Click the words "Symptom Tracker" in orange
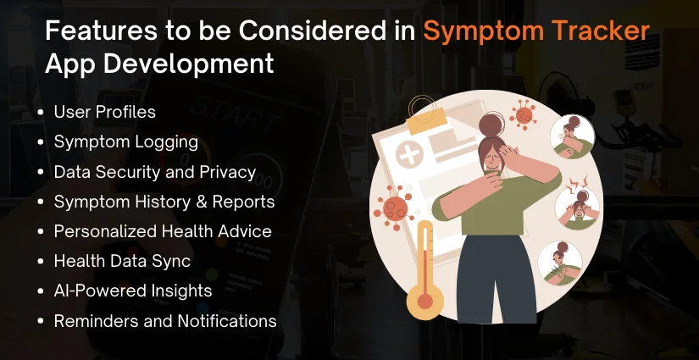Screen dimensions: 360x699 pyautogui.click(x=536, y=31)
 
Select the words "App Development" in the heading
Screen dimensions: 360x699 pyautogui.click(x=159, y=64)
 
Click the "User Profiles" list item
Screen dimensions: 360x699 pyautogui.click(x=104, y=112)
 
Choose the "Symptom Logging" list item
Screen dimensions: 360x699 pyautogui.click(x=125, y=141)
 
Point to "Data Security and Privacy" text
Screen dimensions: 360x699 pyautogui.click(x=154, y=171)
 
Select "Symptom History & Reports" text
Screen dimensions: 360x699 pyautogui.click(x=164, y=202)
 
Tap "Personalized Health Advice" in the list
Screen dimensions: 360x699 pyautogui.click(x=163, y=231)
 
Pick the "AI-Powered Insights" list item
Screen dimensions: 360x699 pyautogui.click(x=132, y=291)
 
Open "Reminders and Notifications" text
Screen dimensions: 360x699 pyautogui.click(x=164, y=321)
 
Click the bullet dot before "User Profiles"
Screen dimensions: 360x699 pyautogui.click(x=42, y=113)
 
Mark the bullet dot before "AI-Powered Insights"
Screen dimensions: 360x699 pyautogui.click(x=42, y=291)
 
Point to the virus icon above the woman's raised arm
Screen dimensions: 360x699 pyautogui.click(x=524, y=114)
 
